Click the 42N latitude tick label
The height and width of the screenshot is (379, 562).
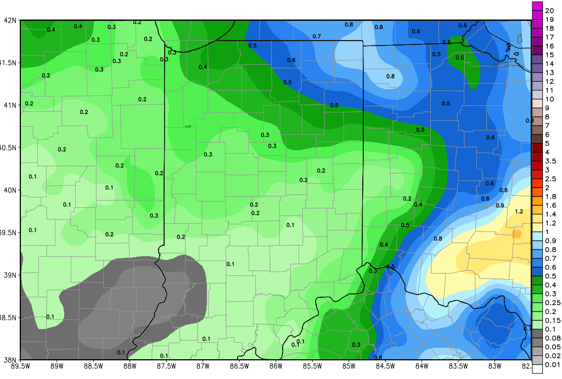click(x=10, y=20)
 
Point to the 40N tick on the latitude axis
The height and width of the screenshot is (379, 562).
click(x=10, y=190)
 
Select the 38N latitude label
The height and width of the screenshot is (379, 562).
click(x=10, y=360)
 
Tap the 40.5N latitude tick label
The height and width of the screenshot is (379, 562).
click(x=8, y=148)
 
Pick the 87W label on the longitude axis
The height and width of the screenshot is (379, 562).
click(x=203, y=366)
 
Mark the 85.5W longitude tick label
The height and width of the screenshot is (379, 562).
click(x=312, y=366)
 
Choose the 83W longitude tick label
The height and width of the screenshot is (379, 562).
click(x=495, y=366)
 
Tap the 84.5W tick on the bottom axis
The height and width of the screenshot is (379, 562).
click(x=385, y=366)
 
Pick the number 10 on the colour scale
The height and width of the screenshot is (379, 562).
click(x=549, y=99)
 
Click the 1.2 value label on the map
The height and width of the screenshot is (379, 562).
click(x=519, y=211)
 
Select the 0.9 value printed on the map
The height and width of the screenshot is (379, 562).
click(x=500, y=205)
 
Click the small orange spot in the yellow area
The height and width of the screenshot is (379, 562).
click(x=517, y=233)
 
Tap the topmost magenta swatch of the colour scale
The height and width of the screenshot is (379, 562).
click(x=537, y=7)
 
